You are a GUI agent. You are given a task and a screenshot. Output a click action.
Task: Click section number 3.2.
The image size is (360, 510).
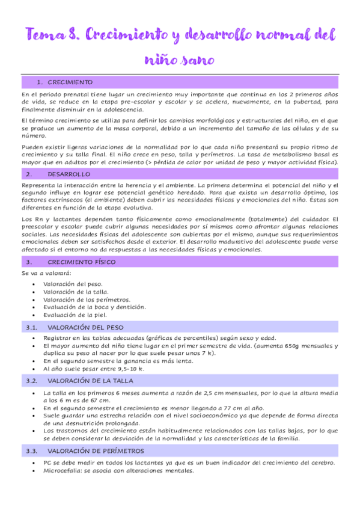tap(32, 381)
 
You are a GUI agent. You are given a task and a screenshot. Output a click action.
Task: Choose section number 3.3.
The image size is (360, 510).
tap(32, 450)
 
